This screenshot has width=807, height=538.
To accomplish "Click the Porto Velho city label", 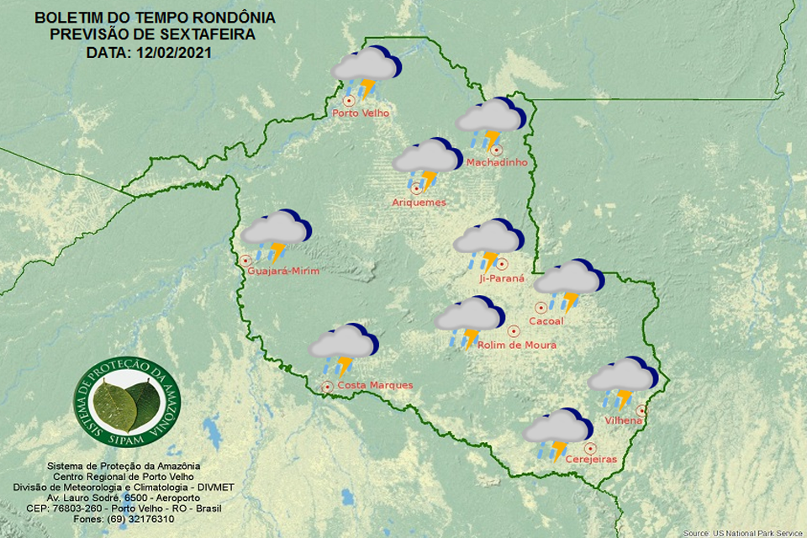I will tap(361, 113).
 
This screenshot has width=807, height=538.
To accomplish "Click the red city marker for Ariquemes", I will tap(415, 189).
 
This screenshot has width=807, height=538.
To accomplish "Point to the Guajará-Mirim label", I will tap(284, 270).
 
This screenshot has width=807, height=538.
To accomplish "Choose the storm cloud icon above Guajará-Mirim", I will tap(275, 233).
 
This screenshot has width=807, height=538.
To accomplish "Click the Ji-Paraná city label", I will tap(501, 277).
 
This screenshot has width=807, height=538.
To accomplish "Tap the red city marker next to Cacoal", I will tap(541, 308).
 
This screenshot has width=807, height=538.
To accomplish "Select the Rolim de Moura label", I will tap(516, 345).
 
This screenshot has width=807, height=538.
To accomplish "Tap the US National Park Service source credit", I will tap(743, 533).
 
